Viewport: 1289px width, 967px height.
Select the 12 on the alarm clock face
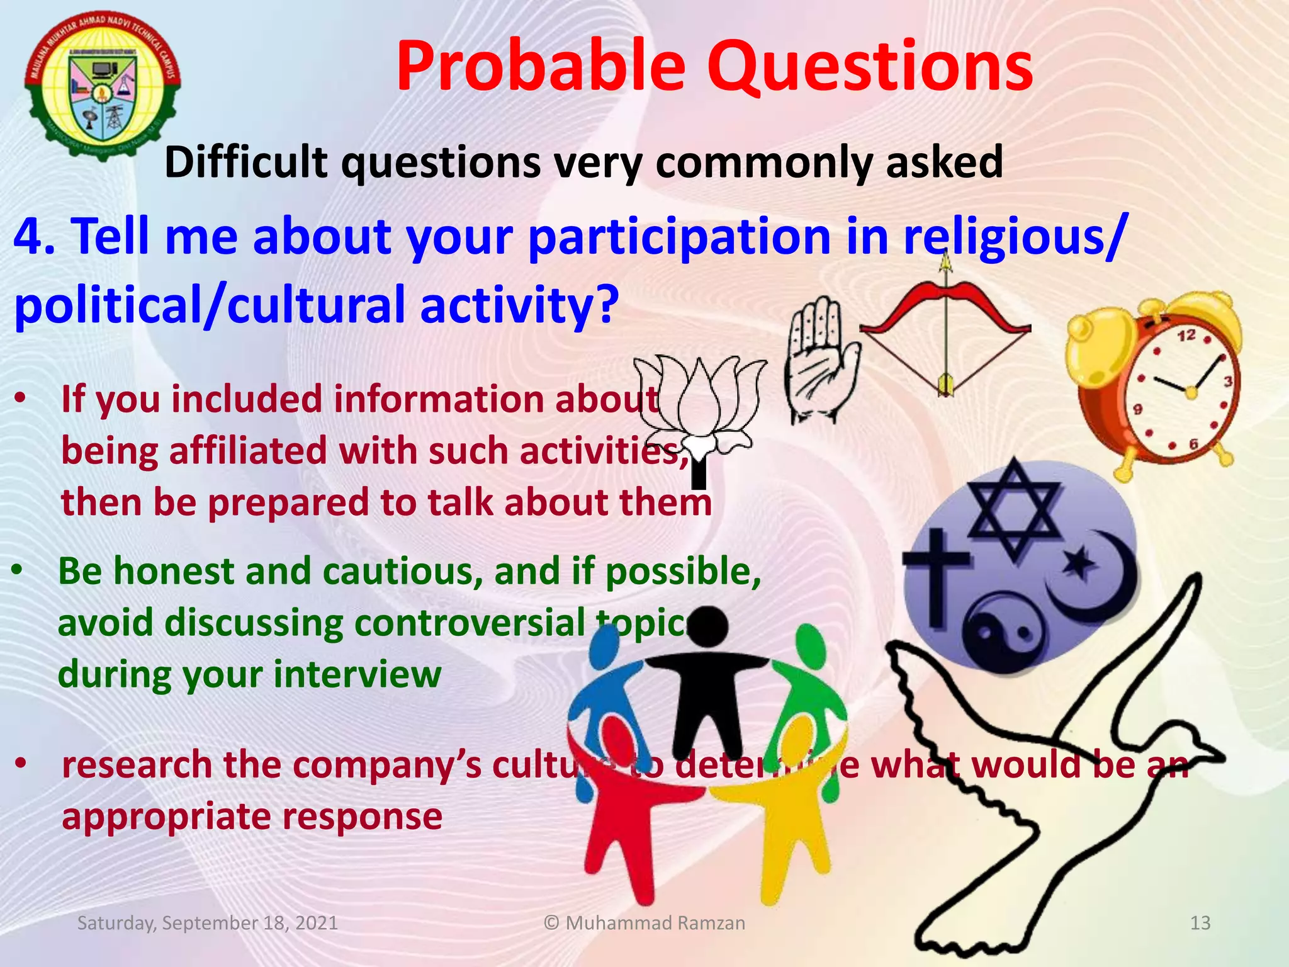(1186, 336)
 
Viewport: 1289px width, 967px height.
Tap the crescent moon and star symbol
(1095, 573)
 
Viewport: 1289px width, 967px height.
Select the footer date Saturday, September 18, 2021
(207, 923)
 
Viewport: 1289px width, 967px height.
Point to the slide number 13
(1200, 923)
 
